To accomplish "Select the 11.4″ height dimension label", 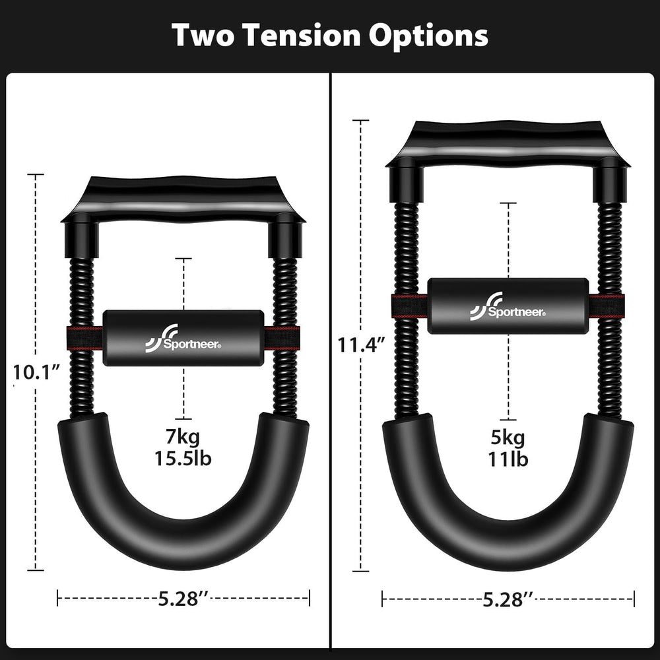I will [361, 345].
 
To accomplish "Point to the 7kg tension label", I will [183, 436].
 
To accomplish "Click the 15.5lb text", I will [183, 457].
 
